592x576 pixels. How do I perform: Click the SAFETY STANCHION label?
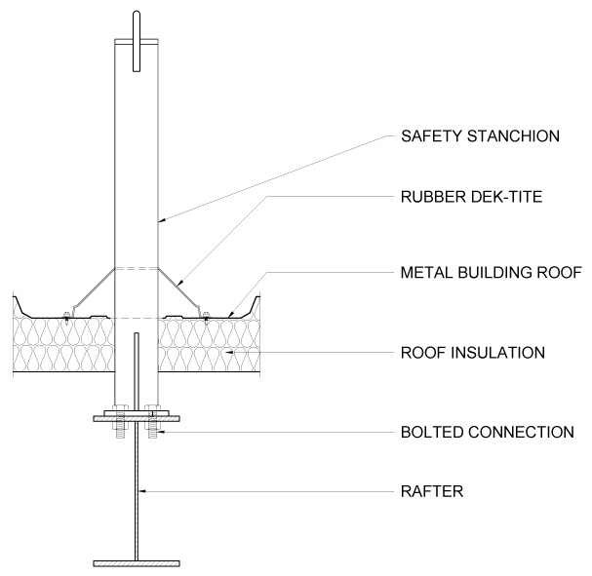click(x=481, y=135)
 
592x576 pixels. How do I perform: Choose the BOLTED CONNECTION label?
click(x=488, y=431)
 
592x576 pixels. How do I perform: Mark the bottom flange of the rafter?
click(x=138, y=562)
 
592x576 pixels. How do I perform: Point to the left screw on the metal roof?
click(x=64, y=315)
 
